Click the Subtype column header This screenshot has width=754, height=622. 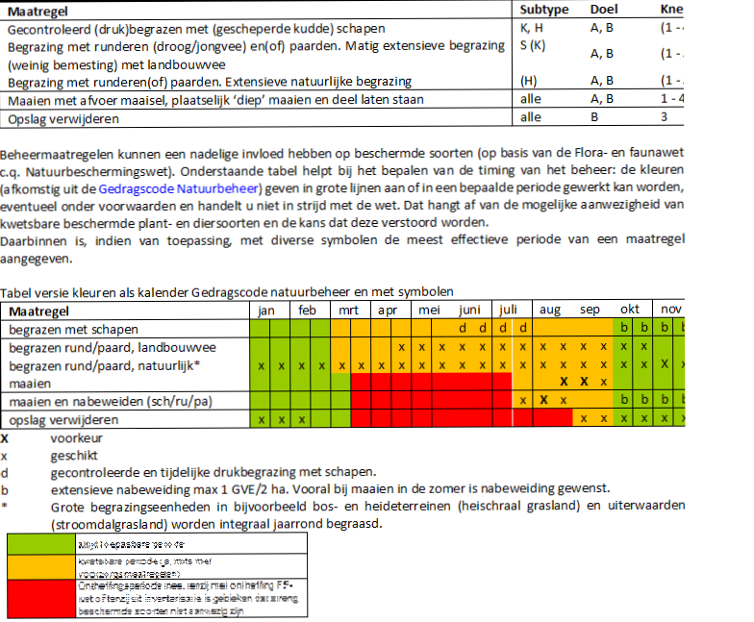544,10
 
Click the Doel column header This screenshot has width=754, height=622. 604,10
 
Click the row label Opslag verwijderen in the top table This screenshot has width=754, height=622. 63,118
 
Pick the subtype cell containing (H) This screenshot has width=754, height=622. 528,82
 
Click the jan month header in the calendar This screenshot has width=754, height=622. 268,311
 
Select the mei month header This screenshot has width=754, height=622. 429,311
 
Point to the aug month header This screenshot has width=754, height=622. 550,311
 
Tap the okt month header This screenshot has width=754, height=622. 630,311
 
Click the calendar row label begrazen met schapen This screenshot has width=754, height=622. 68,329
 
